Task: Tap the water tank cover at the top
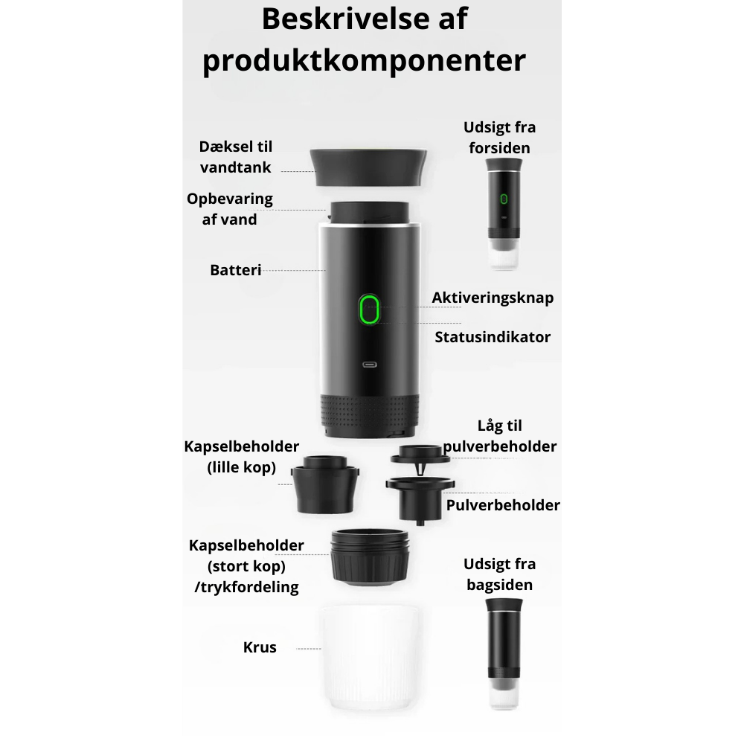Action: (x=368, y=167)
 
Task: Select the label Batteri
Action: (x=235, y=270)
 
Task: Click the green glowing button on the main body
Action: (x=369, y=310)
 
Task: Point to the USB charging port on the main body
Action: (x=370, y=365)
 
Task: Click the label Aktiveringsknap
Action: (x=493, y=298)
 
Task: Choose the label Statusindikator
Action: (x=493, y=337)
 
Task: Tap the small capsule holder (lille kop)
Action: (x=325, y=484)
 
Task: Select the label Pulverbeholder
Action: (x=503, y=505)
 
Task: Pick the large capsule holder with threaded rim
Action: (x=370, y=557)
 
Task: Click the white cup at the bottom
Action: (x=369, y=657)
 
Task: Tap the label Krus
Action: (x=260, y=647)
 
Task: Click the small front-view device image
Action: (x=504, y=214)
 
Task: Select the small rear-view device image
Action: (x=504, y=654)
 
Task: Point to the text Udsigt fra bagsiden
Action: (x=500, y=574)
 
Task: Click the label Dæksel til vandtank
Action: (x=236, y=157)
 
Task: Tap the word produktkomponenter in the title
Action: (x=365, y=61)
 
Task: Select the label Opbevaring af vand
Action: (x=230, y=209)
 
